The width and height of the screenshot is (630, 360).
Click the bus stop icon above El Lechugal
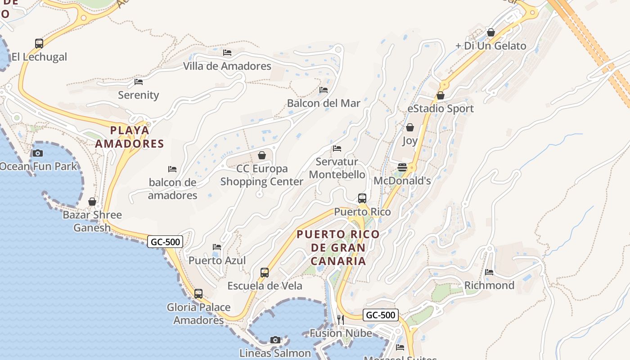(x=39, y=44)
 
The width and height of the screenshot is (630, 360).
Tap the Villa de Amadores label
(x=227, y=66)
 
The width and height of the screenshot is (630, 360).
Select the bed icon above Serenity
(x=139, y=82)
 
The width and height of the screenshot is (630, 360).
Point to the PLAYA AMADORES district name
(x=130, y=137)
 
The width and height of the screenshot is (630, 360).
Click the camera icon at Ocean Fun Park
(x=38, y=153)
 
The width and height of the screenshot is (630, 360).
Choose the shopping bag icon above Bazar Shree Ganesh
(x=92, y=202)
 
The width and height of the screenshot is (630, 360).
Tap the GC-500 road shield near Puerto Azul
(x=165, y=242)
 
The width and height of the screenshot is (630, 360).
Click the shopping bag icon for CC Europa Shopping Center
(x=262, y=155)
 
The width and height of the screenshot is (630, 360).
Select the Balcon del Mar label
(x=324, y=103)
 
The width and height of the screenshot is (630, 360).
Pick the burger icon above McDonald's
(x=402, y=167)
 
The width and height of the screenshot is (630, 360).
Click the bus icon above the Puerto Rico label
(x=362, y=198)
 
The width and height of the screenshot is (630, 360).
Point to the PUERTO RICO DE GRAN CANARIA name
(x=338, y=247)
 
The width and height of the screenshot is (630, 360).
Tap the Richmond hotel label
(x=489, y=285)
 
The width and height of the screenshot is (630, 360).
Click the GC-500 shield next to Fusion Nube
(x=381, y=315)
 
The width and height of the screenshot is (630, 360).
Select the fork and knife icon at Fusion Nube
(x=341, y=319)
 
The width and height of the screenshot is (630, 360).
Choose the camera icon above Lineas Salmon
(x=275, y=340)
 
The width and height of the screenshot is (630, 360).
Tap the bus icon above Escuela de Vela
(x=265, y=273)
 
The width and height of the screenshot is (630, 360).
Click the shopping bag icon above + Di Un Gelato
(x=491, y=32)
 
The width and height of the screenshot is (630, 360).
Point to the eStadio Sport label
(x=440, y=108)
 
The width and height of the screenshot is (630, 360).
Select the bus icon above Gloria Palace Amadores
(x=198, y=294)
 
